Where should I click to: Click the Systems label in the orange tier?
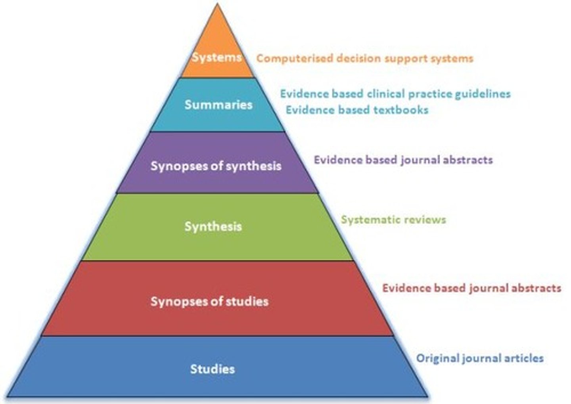tap(217, 57)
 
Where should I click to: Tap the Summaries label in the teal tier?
tap(218, 105)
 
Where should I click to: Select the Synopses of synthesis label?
tap(216, 166)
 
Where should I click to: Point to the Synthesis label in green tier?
tap(213, 226)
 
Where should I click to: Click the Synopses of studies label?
tap(209, 301)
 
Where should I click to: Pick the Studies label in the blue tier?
tap(212, 369)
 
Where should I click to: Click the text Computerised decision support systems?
tap(364, 58)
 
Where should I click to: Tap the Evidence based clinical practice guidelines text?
tap(395, 94)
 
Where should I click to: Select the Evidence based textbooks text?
tap(357, 110)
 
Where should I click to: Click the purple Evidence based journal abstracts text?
tap(403, 160)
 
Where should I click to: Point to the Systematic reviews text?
tap(393, 220)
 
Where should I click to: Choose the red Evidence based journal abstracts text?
tap(471, 288)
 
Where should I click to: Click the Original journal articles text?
tap(479, 358)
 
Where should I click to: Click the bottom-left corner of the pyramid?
tap(7, 396)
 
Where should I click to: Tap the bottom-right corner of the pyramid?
tap(427, 396)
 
